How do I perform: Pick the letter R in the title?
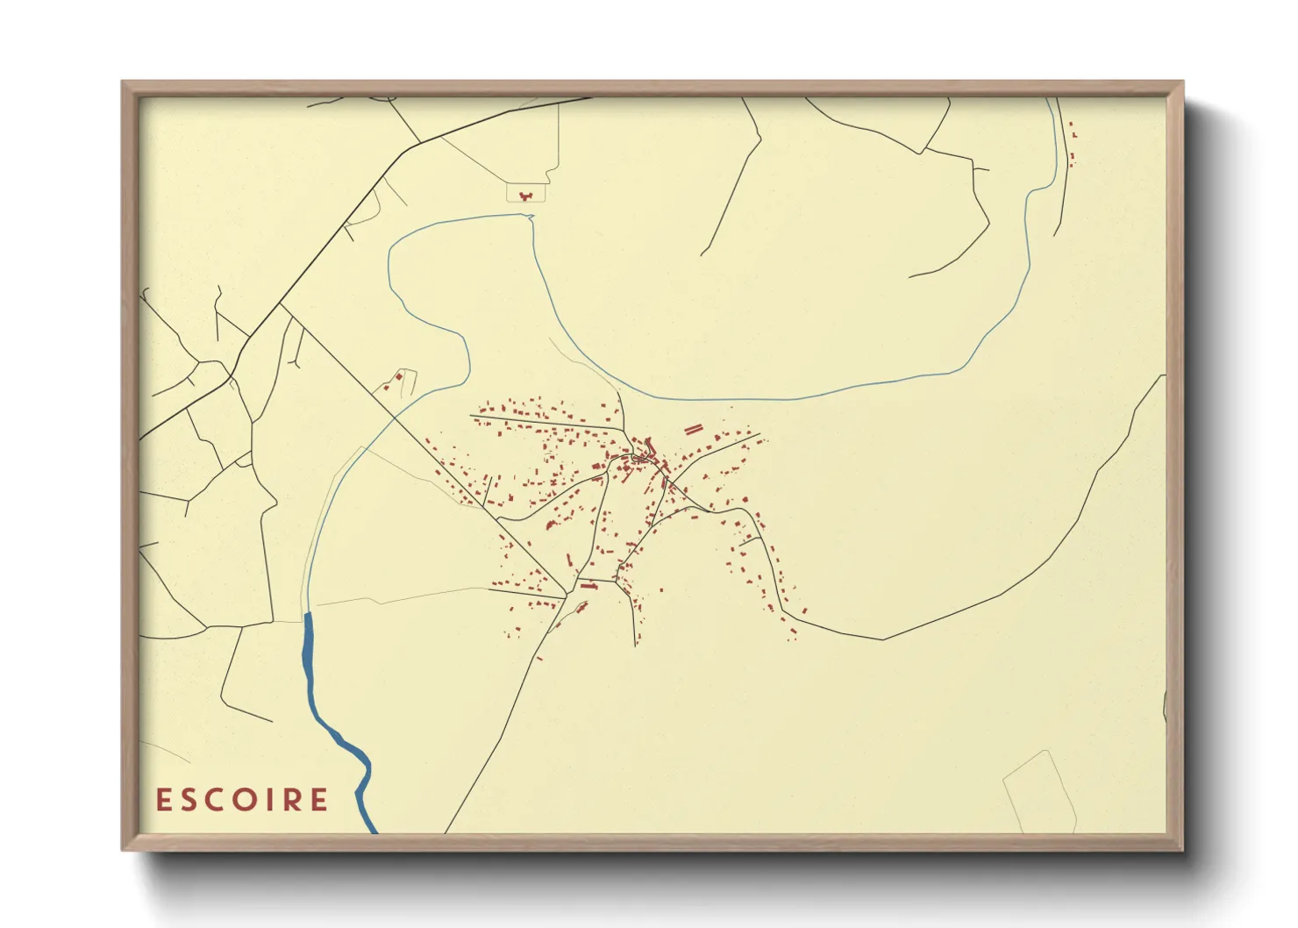point(291,800)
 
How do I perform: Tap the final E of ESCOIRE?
point(319,800)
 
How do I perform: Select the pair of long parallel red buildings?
point(694,429)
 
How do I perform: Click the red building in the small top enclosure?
point(526,193)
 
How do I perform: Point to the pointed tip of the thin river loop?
point(531,216)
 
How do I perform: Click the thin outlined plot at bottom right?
point(1039,789)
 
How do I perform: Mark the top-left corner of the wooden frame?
point(124,82)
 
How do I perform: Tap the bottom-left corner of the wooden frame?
point(124,849)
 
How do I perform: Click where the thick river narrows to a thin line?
point(307,613)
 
